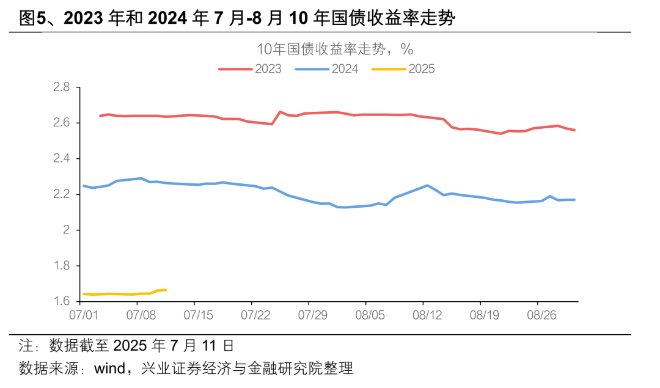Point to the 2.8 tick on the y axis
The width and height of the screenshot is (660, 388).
(x=62, y=87)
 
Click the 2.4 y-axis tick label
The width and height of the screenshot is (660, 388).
(x=62, y=159)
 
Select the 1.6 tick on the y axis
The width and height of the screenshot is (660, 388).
(x=62, y=301)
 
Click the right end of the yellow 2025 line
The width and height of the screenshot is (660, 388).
(x=166, y=290)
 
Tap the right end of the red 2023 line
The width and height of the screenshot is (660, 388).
(x=574, y=130)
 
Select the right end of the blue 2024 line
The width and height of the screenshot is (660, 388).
(x=574, y=200)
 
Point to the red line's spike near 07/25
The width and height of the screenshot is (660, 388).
(x=280, y=112)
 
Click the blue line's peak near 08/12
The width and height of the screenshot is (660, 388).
(x=427, y=185)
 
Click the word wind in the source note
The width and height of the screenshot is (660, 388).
(x=109, y=368)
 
